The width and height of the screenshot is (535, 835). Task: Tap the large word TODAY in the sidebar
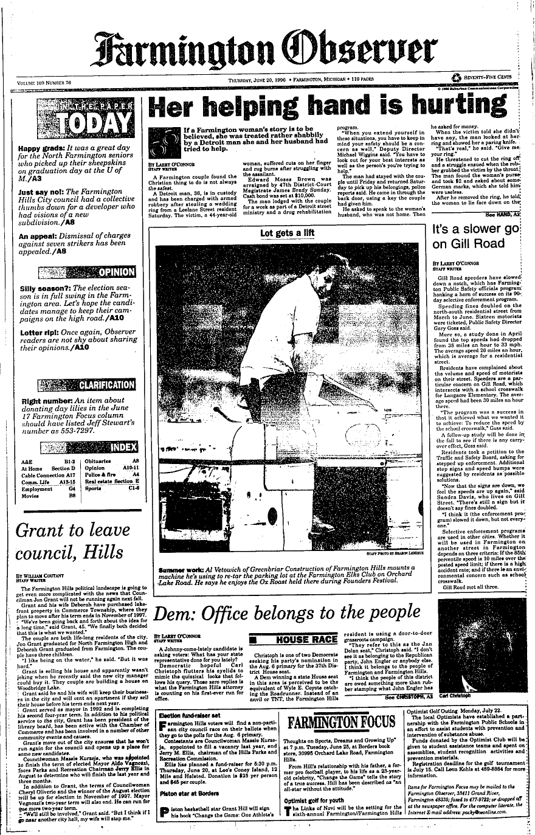94,125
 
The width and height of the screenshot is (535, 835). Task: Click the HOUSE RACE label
306,640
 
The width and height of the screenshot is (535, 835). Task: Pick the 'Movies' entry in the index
30,496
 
